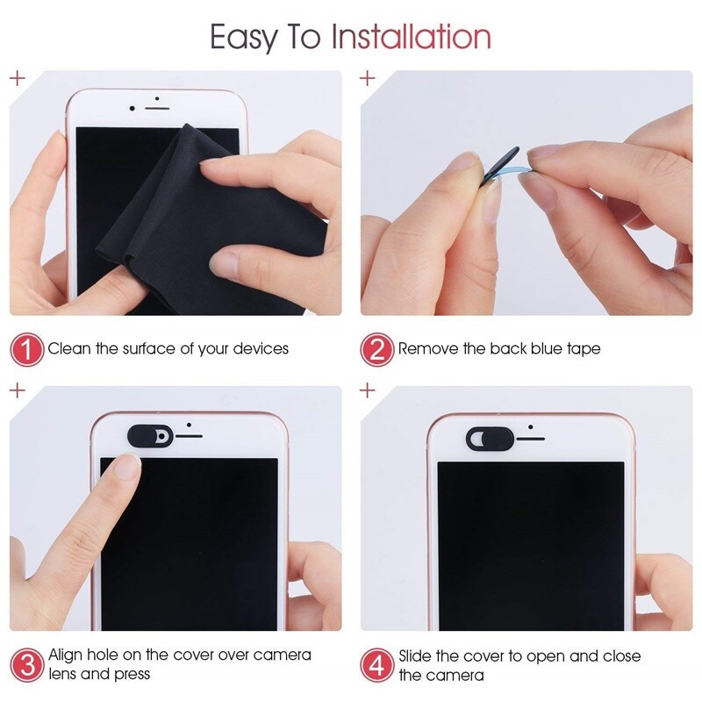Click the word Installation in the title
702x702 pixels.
click(x=411, y=37)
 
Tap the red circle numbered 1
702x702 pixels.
click(x=25, y=349)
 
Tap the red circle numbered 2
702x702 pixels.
click(x=376, y=349)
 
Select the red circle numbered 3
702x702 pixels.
click(x=25, y=664)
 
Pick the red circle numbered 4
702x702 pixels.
click(x=376, y=664)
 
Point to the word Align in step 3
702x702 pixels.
click(x=66, y=655)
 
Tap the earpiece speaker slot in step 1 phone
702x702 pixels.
click(x=157, y=108)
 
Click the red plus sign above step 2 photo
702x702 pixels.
click(x=368, y=78)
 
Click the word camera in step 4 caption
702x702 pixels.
click(x=455, y=675)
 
